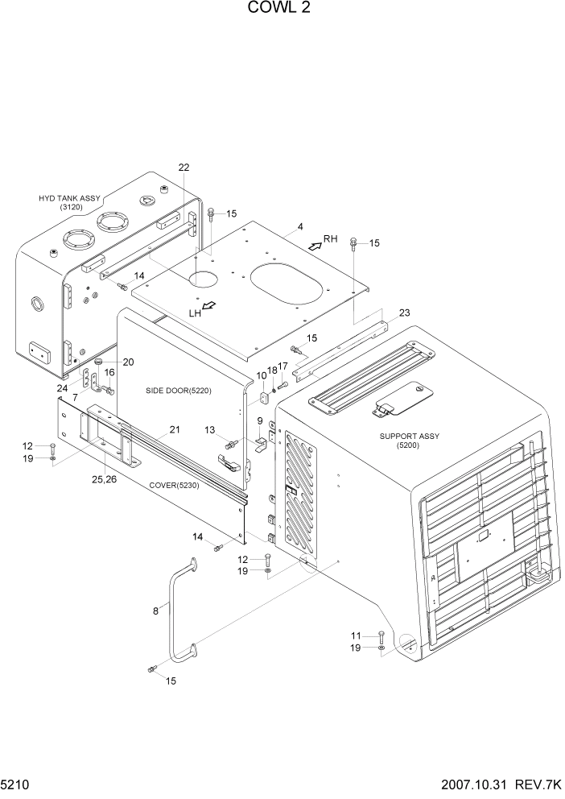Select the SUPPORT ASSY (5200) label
[x=409, y=441]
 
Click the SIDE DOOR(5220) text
[x=178, y=391]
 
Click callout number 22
[x=184, y=168]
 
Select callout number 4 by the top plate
[x=299, y=227]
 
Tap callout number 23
[x=404, y=313]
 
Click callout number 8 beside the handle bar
[x=155, y=611]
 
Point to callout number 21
[x=173, y=429]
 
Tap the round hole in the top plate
[x=204, y=279]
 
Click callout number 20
[x=105, y=361]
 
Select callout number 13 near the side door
[x=210, y=431]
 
